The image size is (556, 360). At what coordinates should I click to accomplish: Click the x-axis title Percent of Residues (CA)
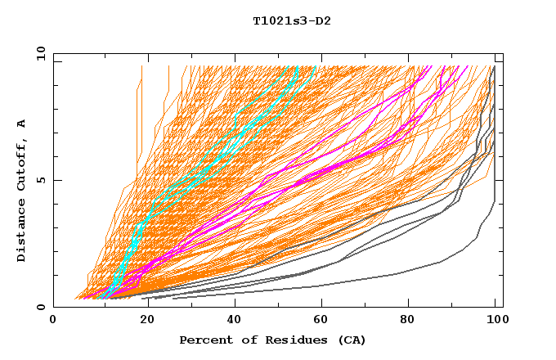coord(272,340)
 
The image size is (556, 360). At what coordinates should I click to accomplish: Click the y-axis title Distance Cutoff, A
coord(21,191)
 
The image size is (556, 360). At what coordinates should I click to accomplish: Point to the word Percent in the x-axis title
coord(206,340)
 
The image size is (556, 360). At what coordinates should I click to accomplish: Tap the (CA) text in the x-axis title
coord(350,340)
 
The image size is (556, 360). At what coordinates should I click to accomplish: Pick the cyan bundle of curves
coord(204,164)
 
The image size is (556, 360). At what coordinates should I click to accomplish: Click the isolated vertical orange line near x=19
coord(141,106)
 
